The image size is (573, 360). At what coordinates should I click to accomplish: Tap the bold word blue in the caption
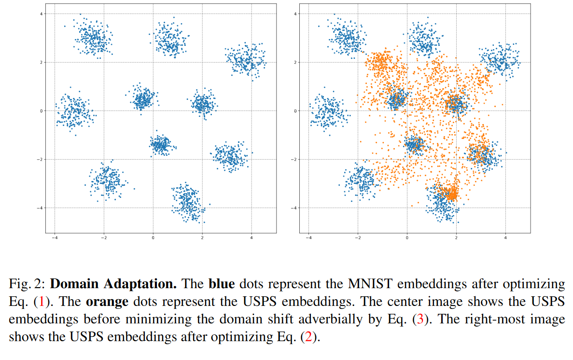(222, 284)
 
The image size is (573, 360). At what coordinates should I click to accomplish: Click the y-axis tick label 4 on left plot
(42, 14)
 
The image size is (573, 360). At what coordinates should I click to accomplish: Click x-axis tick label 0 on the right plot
(407, 238)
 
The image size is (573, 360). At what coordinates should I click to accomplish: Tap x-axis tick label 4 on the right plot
(505, 238)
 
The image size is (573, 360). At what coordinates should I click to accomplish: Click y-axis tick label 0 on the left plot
(42, 111)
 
